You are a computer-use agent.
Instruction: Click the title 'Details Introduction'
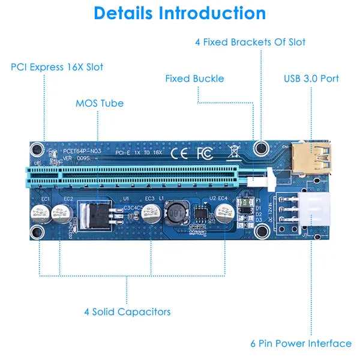click(180, 13)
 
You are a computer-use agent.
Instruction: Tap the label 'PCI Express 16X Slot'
click(57, 67)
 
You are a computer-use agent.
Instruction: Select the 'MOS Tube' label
click(100, 103)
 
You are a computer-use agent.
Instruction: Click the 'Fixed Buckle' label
click(194, 79)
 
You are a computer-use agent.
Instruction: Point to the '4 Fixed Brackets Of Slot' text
click(250, 42)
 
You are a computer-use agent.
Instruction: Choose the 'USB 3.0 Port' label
click(311, 79)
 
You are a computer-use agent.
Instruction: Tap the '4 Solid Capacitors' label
click(127, 311)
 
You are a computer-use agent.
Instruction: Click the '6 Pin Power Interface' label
click(301, 343)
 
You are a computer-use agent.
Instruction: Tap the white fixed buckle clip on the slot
click(267, 178)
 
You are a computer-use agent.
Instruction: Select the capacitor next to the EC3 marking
click(151, 212)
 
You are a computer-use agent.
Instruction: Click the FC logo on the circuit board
click(204, 153)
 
